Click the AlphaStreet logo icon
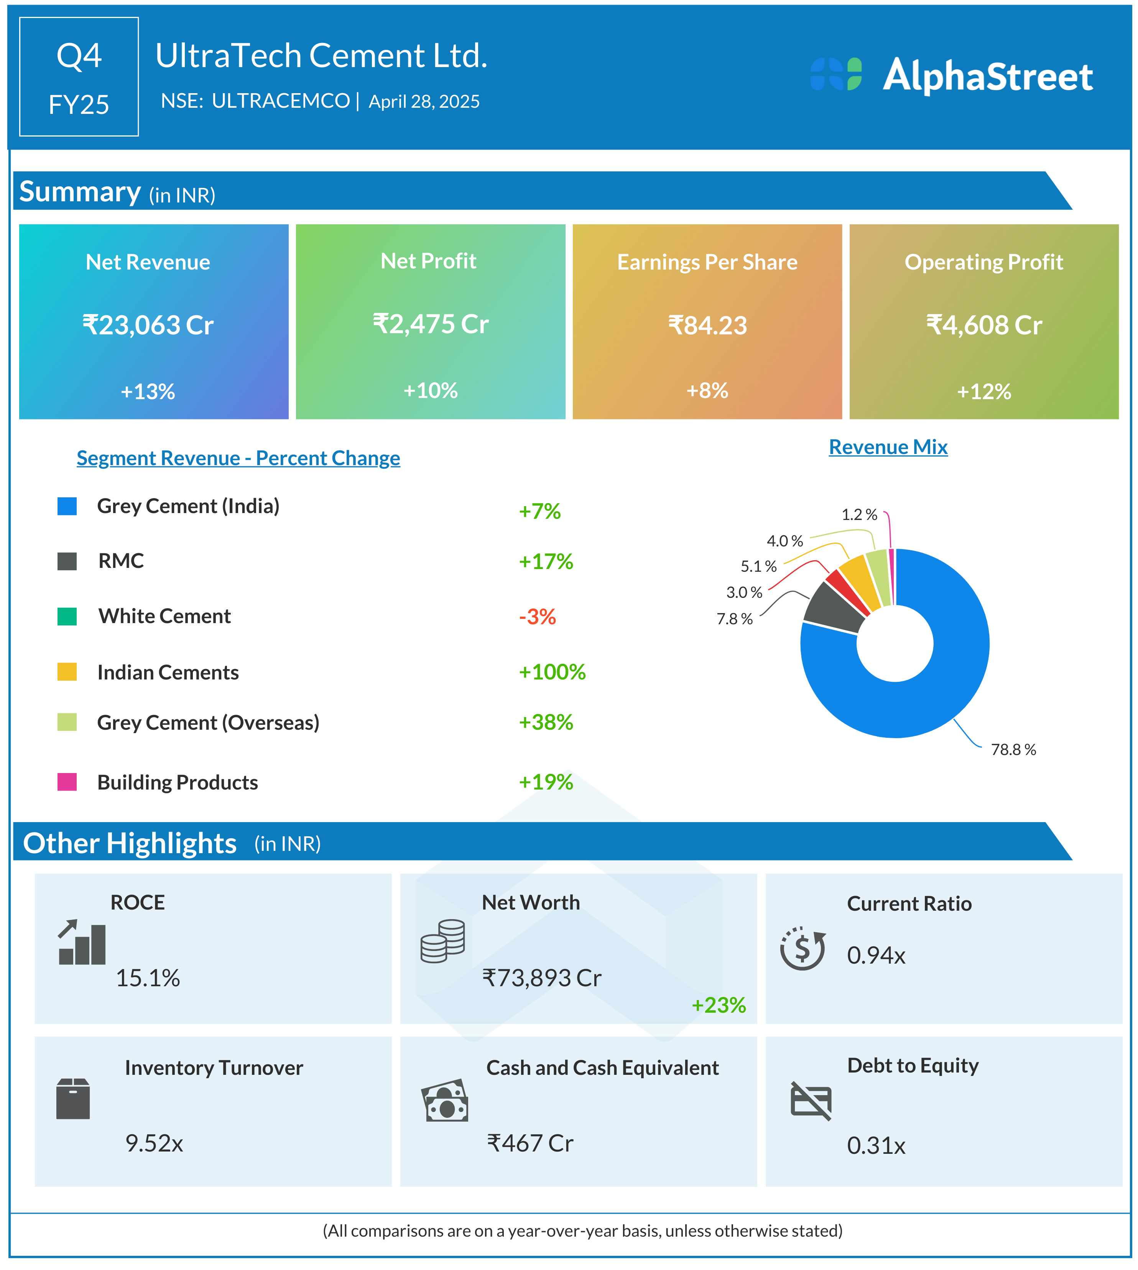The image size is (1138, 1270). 835,74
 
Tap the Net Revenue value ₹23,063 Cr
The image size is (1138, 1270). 148,325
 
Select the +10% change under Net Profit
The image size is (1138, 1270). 430,391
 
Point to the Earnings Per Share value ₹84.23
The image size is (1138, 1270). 707,325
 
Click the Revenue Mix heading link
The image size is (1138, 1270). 888,447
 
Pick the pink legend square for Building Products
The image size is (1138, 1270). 67,781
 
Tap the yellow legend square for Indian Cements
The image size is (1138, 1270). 67,671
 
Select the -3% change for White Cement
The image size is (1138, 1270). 537,617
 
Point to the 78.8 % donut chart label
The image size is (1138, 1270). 1013,749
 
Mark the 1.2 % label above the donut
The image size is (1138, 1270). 859,515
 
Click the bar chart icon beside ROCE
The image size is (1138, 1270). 82,943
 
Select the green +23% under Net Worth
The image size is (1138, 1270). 719,1005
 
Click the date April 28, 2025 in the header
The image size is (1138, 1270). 424,101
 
